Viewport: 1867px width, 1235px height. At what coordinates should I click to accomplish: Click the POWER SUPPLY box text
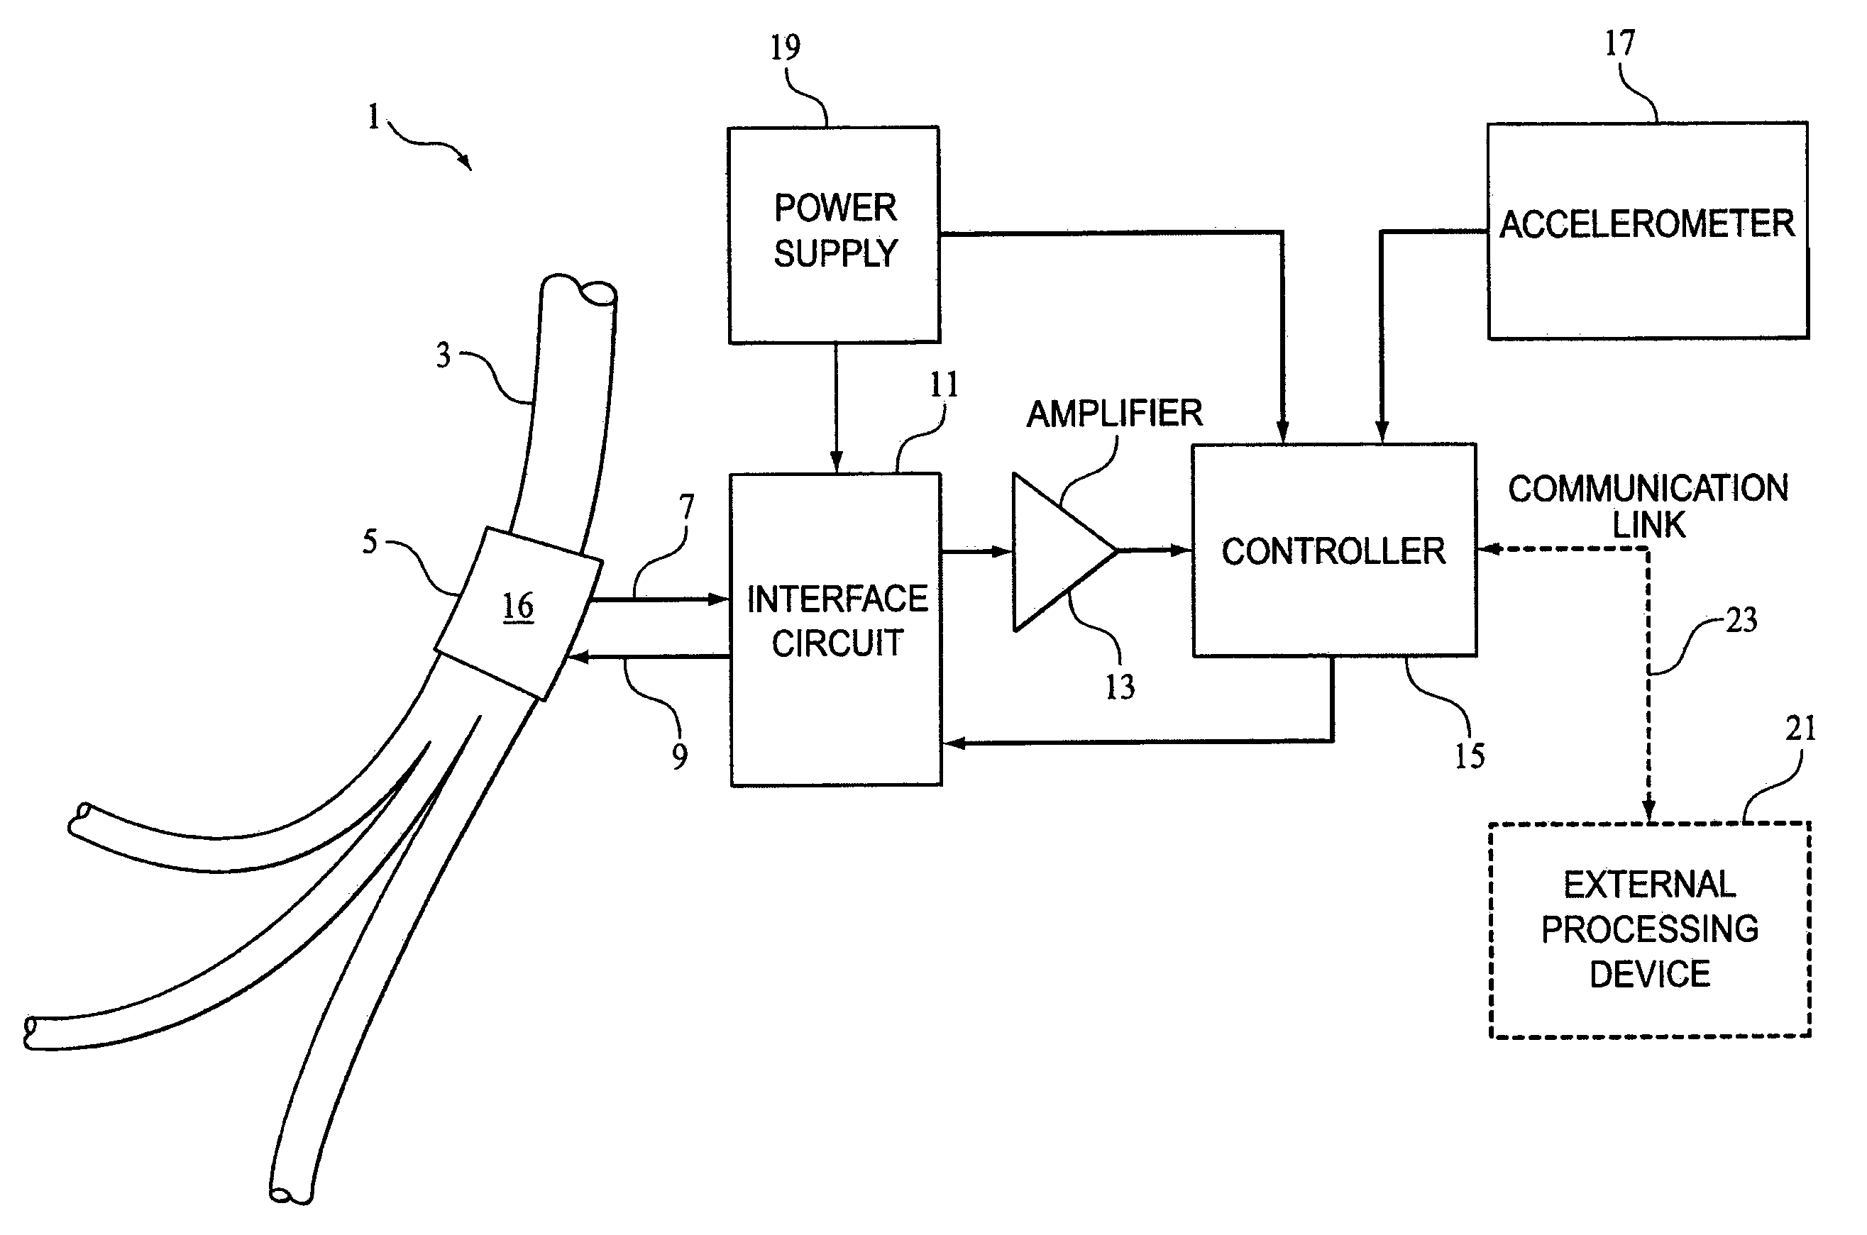[835, 231]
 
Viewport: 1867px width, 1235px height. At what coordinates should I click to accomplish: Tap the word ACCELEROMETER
[1646, 224]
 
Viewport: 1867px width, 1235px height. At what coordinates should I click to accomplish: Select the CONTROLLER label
[1333, 551]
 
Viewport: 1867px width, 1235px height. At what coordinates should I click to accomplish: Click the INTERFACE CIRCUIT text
[837, 621]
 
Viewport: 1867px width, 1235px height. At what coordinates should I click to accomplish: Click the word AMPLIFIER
[1114, 414]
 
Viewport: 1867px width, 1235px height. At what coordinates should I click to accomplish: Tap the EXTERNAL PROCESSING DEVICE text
[1650, 929]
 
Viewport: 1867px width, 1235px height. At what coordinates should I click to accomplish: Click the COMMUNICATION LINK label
[1648, 506]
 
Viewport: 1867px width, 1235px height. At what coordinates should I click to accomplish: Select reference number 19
[785, 48]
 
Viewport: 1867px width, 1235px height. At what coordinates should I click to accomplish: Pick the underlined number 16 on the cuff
[517, 607]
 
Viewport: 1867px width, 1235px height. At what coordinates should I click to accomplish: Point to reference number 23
[1741, 621]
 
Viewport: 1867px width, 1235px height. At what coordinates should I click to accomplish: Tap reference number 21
[1800, 729]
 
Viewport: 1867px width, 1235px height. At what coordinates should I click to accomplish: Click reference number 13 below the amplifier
[1119, 687]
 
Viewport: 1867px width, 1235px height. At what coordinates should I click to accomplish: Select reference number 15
[1469, 756]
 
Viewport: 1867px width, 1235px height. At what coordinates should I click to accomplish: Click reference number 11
[944, 385]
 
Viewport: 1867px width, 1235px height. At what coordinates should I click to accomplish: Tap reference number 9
[679, 756]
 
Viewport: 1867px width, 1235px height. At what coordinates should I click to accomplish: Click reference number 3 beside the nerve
[444, 356]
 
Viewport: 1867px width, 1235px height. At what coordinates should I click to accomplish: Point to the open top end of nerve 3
[596, 294]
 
